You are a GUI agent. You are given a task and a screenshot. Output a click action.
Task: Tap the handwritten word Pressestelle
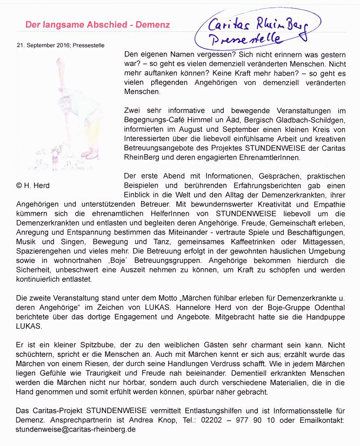pos(245,39)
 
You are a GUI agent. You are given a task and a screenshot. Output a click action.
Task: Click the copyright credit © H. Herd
pos(33,185)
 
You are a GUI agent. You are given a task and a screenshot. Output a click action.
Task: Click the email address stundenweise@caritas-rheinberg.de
pos(76,429)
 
